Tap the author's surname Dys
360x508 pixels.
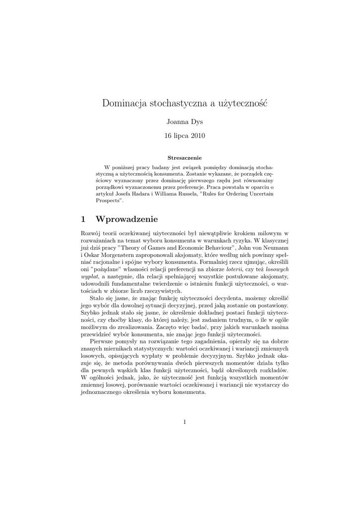(197, 122)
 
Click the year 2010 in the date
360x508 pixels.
(197, 135)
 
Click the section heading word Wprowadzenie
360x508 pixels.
(127, 219)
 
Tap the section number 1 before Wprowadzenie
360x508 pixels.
(83, 219)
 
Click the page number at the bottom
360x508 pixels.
(184, 422)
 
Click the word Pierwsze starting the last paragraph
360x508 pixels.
(102, 342)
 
